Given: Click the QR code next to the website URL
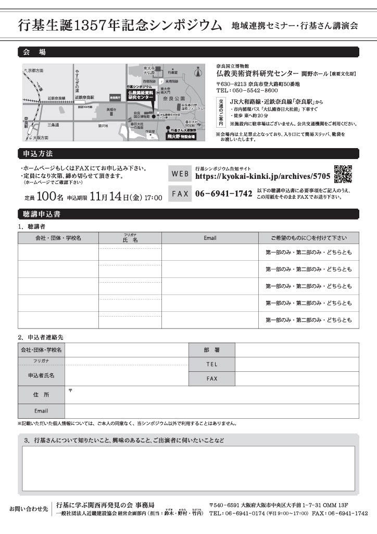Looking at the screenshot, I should [343, 175].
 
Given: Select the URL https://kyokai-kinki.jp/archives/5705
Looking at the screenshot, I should [262, 177].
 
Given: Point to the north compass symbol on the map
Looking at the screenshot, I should [197, 72].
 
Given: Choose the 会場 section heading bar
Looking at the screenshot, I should [188, 52].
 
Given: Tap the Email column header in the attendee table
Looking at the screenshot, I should [210, 238].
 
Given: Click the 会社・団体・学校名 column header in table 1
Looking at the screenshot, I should [58, 238].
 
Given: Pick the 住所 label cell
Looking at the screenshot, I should [41, 395].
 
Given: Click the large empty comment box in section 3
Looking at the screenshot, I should [188, 468].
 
